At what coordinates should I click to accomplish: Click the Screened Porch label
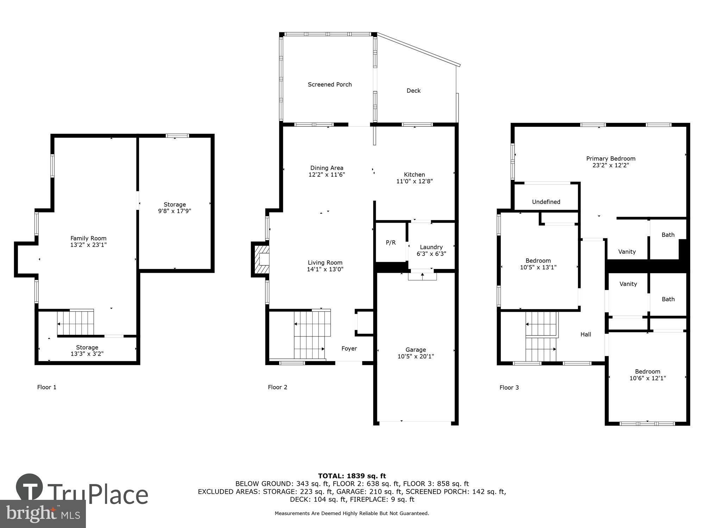[x=329, y=84]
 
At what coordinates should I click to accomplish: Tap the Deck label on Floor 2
[x=413, y=90]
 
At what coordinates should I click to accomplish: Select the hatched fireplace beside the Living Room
[x=260, y=259]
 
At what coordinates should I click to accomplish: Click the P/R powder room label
[x=391, y=243]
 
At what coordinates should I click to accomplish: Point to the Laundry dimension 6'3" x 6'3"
[x=431, y=253]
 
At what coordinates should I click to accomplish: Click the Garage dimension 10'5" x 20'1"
[x=416, y=356]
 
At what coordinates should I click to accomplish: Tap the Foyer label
[x=349, y=348]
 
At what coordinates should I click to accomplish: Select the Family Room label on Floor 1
[x=88, y=238]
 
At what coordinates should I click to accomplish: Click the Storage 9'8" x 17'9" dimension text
[x=175, y=211]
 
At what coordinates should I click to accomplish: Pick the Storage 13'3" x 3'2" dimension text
[x=87, y=354]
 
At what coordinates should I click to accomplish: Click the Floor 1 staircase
[x=76, y=322]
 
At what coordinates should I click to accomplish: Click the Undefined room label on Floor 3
[x=546, y=202]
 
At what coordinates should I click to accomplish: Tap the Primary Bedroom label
[x=610, y=158]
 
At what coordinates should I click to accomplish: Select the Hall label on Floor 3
[x=586, y=334]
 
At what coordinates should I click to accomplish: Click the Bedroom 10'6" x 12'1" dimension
[x=647, y=378]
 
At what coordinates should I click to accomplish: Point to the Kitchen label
[x=414, y=175]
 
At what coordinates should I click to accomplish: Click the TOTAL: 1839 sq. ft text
[x=352, y=476]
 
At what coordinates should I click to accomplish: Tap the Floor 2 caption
[x=277, y=387]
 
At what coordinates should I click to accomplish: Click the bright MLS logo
[x=43, y=514]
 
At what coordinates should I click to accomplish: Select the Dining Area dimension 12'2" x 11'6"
[x=327, y=175]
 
